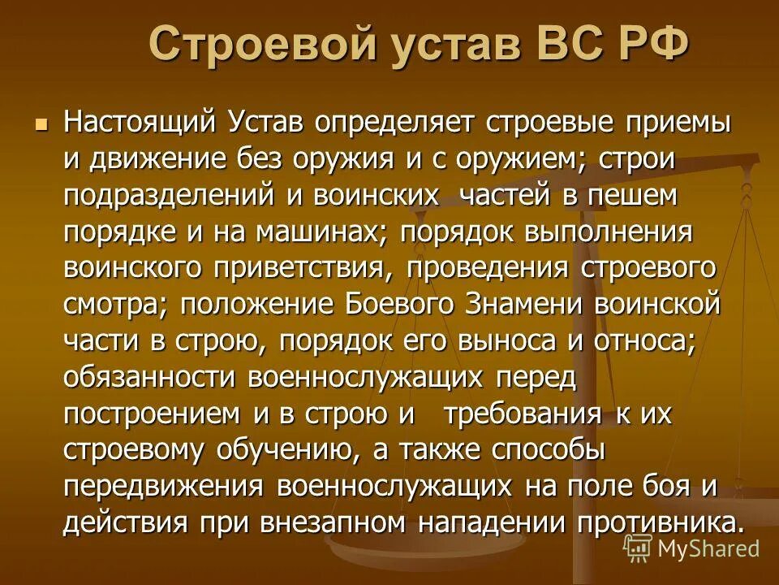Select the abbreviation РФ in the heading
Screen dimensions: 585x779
[x=648, y=43]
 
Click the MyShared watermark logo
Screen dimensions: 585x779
[x=693, y=547]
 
